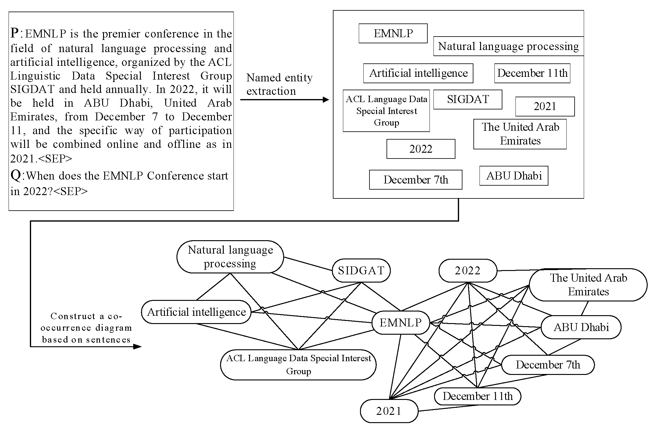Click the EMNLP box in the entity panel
(393, 34)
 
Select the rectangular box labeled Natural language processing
(508, 46)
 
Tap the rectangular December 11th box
(532, 73)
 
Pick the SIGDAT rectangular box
(468, 99)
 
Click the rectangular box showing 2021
(545, 106)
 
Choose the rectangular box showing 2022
(421, 149)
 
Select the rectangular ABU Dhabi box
(514, 176)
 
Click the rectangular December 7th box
(415, 180)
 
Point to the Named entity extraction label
(279, 84)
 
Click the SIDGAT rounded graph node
(361, 271)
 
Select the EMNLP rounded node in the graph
(401, 322)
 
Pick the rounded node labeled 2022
(468, 271)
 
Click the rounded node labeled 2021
(389, 411)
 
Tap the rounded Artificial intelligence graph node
(196, 312)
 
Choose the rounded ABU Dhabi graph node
(581, 327)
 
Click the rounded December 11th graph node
(477, 396)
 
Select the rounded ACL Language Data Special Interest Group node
(298, 365)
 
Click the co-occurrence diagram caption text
(86, 328)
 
